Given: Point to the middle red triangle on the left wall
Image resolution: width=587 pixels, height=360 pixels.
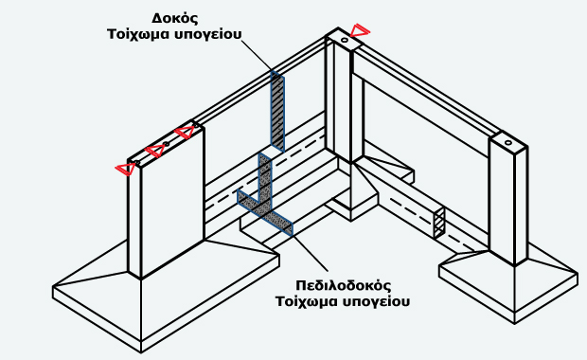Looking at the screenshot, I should click(x=153, y=151).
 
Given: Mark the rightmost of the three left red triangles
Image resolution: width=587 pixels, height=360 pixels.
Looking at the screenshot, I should click(x=186, y=132).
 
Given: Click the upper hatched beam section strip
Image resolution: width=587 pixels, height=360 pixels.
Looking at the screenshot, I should click(x=277, y=109).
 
